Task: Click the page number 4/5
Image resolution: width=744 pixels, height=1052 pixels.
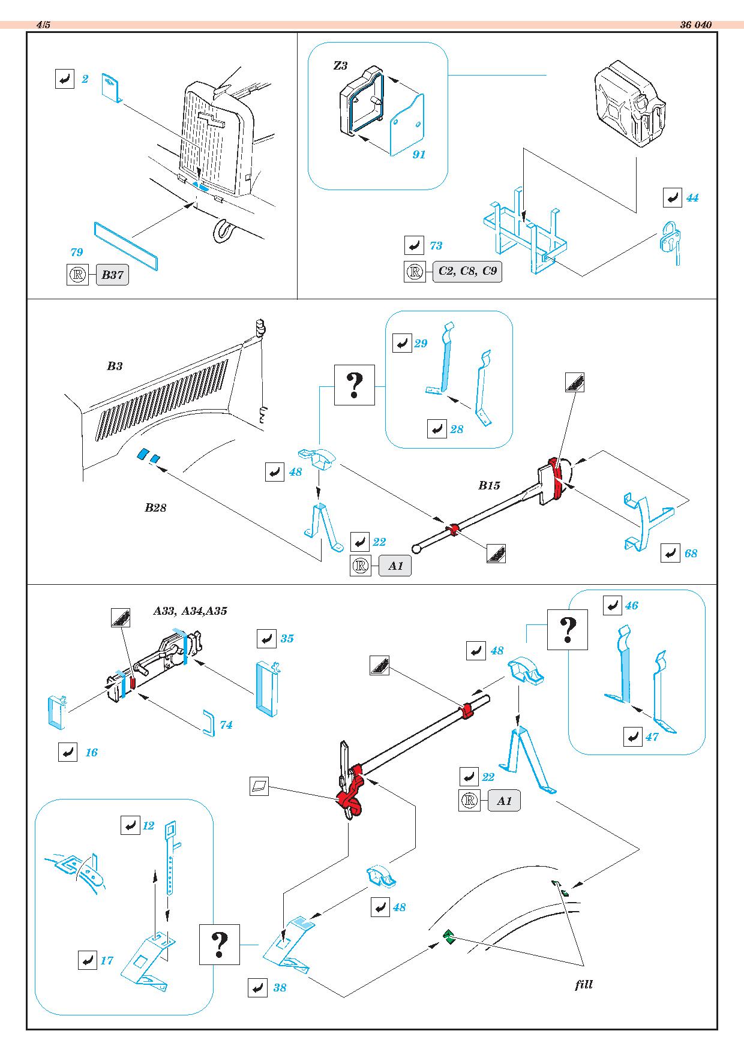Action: pyautogui.click(x=43, y=25)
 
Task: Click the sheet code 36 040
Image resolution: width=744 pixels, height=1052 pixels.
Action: pyautogui.click(x=696, y=25)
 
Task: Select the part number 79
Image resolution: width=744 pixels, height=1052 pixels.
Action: pyautogui.click(x=77, y=253)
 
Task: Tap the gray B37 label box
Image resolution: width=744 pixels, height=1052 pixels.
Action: pyautogui.click(x=112, y=275)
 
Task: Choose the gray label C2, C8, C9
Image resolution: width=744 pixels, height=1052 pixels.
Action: pyautogui.click(x=467, y=271)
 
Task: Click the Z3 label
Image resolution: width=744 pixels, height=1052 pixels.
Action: pyautogui.click(x=340, y=66)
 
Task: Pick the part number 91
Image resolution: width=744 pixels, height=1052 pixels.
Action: pyautogui.click(x=419, y=155)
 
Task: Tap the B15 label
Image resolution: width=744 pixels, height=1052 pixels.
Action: pyautogui.click(x=489, y=486)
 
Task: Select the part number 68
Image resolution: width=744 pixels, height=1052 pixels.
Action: pyautogui.click(x=691, y=554)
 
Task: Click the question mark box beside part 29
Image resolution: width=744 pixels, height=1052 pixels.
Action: pyautogui.click(x=354, y=385)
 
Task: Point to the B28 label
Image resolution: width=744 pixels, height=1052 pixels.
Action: pyautogui.click(x=155, y=508)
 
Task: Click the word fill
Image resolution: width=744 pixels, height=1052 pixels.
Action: pyautogui.click(x=583, y=984)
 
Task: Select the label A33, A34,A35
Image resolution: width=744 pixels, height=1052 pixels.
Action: pyautogui.click(x=190, y=611)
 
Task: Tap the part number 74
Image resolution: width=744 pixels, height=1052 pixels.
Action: pyautogui.click(x=226, y=725)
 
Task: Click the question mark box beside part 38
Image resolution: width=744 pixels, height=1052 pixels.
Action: pyautogui.click(x=220, y=945)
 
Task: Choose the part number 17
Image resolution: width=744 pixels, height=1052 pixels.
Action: pyautogui.click(x=107, y=960)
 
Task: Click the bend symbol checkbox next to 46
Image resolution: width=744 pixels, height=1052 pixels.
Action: pyautogui.click(x=612, y=606)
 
